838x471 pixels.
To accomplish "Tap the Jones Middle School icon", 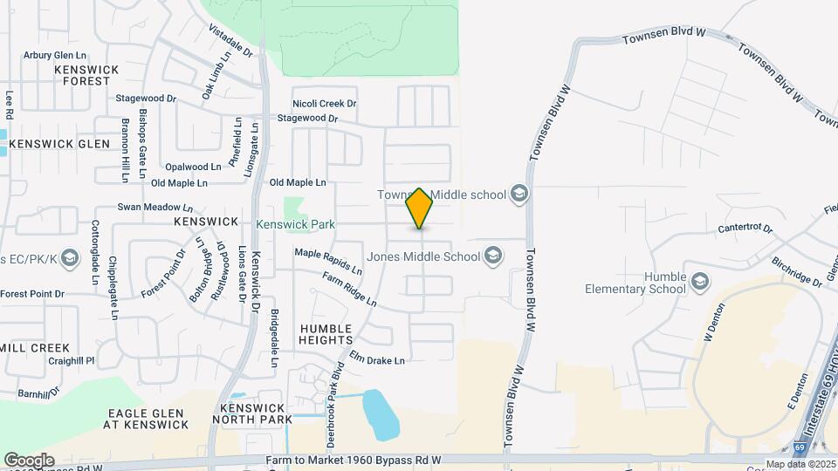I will (x=493, y=256).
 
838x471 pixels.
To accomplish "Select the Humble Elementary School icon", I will (x=699, y=282).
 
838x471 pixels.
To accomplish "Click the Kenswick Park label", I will (x=296, y=224).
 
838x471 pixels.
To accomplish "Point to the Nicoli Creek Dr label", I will (x=325, y=104).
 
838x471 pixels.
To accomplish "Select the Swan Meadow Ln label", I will (x=155, y=208).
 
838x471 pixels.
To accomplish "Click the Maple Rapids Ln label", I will (x=328, y=259).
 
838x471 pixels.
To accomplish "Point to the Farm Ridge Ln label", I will (x=349, y=290).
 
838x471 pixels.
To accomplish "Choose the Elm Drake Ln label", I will (x=377, y=358).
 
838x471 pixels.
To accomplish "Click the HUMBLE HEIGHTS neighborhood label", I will (x=326, y=334).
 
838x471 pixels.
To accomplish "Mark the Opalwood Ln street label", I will (x=193, y=167).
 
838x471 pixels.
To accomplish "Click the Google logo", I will (x=29, y=460).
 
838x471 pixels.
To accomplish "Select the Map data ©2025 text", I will (x=800, y=464).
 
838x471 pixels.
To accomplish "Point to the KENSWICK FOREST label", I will (x=82, y=75).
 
